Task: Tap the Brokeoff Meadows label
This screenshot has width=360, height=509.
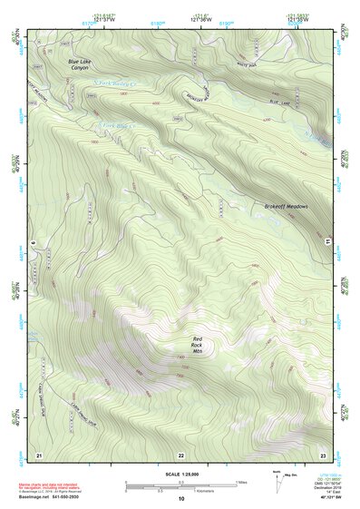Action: [287, 207]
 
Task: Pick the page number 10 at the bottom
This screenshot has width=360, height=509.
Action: [180, 498]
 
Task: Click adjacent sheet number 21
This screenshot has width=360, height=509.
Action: [38, 453]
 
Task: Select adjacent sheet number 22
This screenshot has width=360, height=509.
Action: [180, 454]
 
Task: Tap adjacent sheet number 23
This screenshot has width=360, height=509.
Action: [322, 453]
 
